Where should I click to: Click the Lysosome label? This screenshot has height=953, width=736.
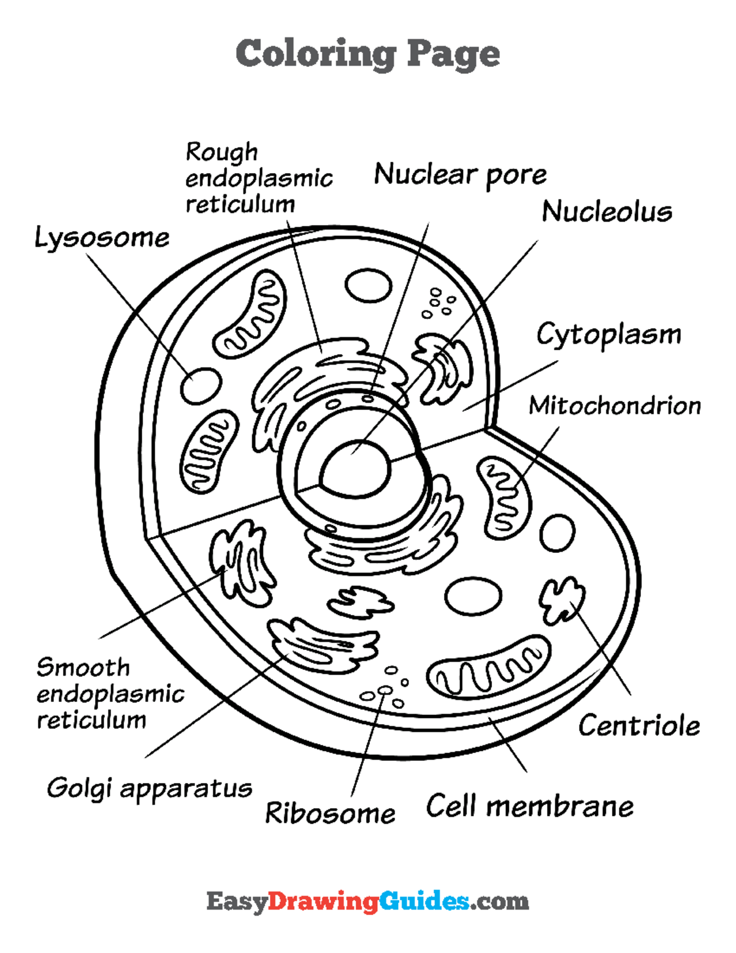(102, 238)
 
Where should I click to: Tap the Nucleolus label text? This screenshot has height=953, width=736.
(607, 212)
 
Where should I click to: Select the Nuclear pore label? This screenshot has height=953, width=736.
(460, 175)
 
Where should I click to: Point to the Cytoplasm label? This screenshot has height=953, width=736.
(608, 335)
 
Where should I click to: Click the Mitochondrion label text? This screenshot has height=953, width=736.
(615, 406)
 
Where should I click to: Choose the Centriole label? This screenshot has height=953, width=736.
(638, 726)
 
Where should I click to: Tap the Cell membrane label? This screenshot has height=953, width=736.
(530, 806)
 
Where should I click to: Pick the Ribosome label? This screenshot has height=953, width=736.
(330, 814)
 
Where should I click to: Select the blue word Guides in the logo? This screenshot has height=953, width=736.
(424, 901)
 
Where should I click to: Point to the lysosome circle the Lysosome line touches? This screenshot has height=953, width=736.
(201, 385)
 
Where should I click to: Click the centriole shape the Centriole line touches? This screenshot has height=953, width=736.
(562, 598)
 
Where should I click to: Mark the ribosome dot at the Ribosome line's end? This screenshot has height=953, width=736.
(385, 690)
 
